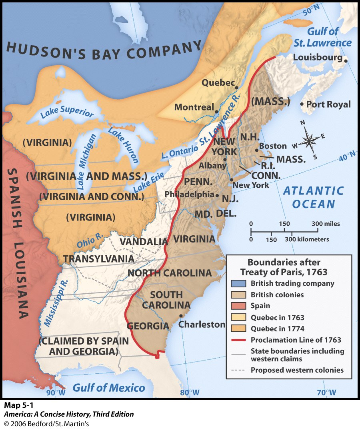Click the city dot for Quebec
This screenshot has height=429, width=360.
point(237,88)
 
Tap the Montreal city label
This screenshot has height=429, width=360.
point(194,107)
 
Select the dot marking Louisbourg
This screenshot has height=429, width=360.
point(346,60)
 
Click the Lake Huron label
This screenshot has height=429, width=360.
point(123,146)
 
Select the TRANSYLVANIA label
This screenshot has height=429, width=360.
point(98,259)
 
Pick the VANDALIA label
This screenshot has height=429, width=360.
point(144,242)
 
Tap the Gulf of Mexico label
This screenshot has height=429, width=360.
point(109,387)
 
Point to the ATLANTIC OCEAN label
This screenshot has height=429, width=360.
point(314,197)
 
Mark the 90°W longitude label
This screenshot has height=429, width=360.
point(55,393)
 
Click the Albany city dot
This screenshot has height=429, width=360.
point(225,159)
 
